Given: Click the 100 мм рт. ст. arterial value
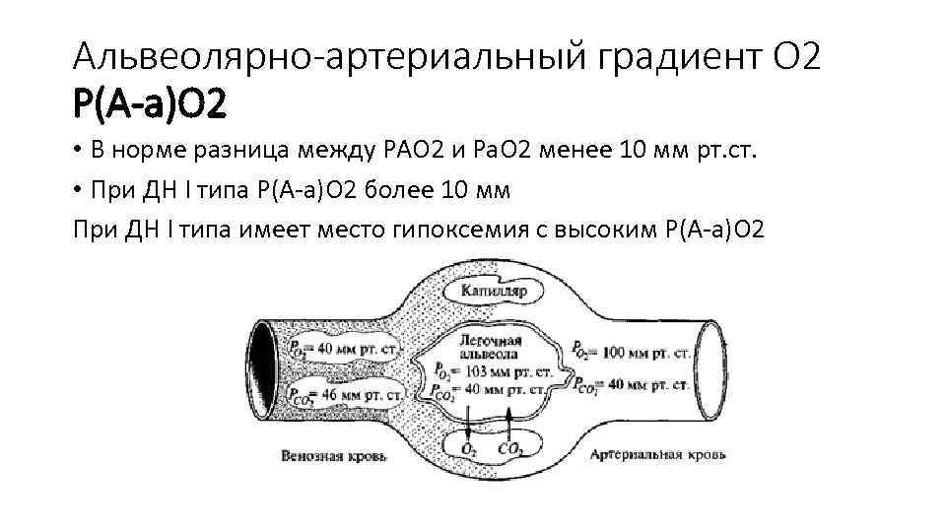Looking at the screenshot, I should tap(642, 351).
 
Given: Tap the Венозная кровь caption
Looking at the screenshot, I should tap(334, 457).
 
